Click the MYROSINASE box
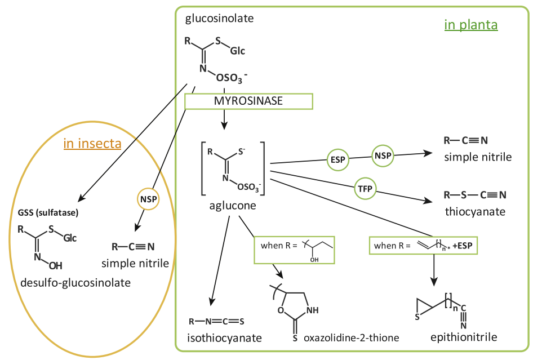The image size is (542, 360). pos(248,101)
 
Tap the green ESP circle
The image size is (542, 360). pos(337,159)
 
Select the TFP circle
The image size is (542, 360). pos(365,188)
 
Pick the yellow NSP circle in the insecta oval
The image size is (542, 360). pos(148,198)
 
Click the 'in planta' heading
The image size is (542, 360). pos(470,25)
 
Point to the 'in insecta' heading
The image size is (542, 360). pos(92,144)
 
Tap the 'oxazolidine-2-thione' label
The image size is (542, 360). pos(351,337)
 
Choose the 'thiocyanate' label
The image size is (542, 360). pos(474,212)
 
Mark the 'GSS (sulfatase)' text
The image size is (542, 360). pos(48,213)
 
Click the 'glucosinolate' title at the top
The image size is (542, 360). pos(220,19)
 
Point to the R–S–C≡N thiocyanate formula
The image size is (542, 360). pos(474,195)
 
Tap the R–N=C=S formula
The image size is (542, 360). pos(216,322)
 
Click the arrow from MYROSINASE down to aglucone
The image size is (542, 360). pos(224,119)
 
